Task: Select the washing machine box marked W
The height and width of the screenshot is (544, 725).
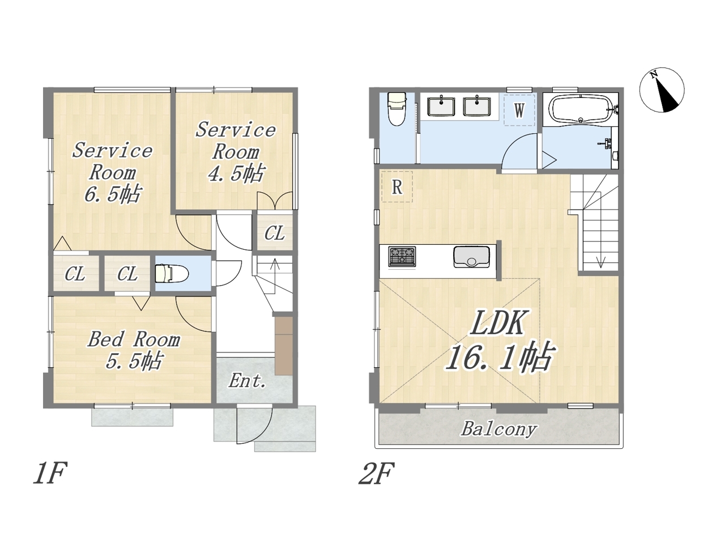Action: click(x=519, y=110)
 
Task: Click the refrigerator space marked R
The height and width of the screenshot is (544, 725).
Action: click(x=396, y=186)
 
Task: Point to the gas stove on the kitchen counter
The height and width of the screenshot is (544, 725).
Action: click(x=402, y=257)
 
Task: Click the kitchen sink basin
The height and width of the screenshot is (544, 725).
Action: click(x=471, y=257)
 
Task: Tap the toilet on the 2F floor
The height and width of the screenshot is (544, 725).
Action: click(x=396, y=109)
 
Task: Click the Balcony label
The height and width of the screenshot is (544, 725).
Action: click(x=499, y=430)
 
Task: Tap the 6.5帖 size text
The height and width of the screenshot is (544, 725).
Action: click(x=113, y=194)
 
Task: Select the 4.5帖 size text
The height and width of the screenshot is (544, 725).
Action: click(x=237, y=173)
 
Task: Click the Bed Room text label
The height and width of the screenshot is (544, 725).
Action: click(x=134, y=339)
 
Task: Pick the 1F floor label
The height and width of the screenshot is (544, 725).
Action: click(x=50, y=473)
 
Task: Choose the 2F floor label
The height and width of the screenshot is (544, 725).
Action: click(x=377, y=473)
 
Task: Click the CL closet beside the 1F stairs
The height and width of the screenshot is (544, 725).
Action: click(x=275, y=233)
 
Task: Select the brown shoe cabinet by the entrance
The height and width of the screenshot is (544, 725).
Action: click(x=284, y=346)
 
